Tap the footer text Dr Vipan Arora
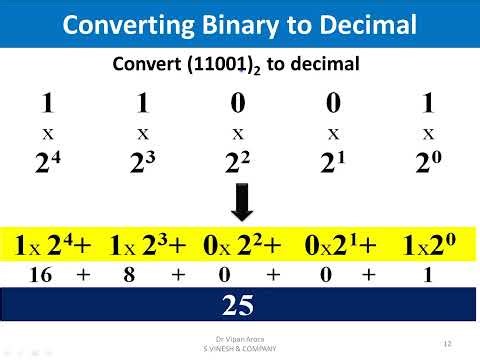tap(240, 340)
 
